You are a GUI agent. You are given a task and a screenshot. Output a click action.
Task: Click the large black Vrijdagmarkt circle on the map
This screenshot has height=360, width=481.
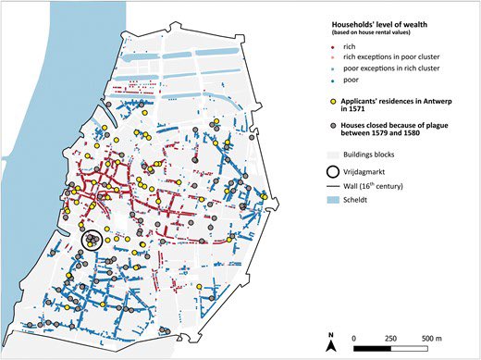pos(92,240)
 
